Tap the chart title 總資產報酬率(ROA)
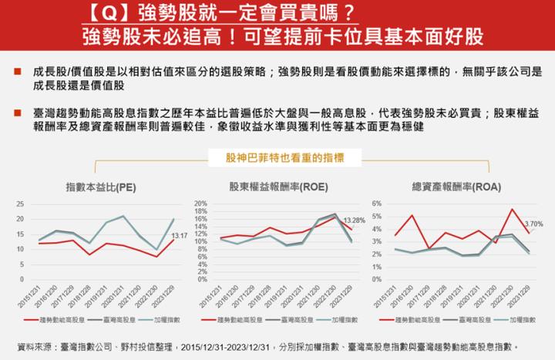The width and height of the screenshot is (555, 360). (x=450, y=187)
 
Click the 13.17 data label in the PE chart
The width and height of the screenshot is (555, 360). (x=179, y=235)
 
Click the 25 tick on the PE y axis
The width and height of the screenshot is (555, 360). (x=21, y=204)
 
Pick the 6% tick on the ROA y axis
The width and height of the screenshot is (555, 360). (x=377, y=204)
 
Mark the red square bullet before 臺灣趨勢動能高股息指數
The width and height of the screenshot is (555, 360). (x=17, y=113)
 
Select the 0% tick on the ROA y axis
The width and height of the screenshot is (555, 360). (x=377, y=279)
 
